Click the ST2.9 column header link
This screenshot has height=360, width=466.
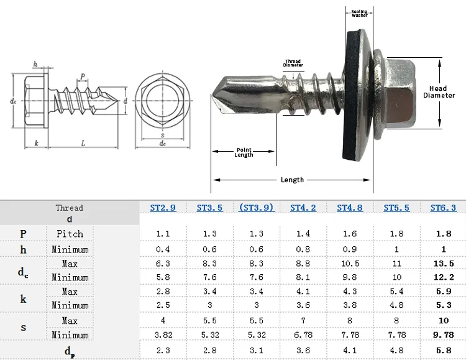(x=163, y=208)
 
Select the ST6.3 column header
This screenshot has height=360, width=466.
(x=443, y=208)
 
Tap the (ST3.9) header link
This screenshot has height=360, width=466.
(x=257, y=208)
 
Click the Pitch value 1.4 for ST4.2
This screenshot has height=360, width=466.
(x=303, y=234)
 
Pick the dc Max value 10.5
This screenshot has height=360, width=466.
(x=350, y=264)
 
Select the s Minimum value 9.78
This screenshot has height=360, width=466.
(x=444, y=335)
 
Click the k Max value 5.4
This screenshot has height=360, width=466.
(x=396, y=292)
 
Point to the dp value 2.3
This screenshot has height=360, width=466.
(x=163, y=351)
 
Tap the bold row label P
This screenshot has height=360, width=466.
(x=23, y=234)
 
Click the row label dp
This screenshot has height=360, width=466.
(x=70, y=352)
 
